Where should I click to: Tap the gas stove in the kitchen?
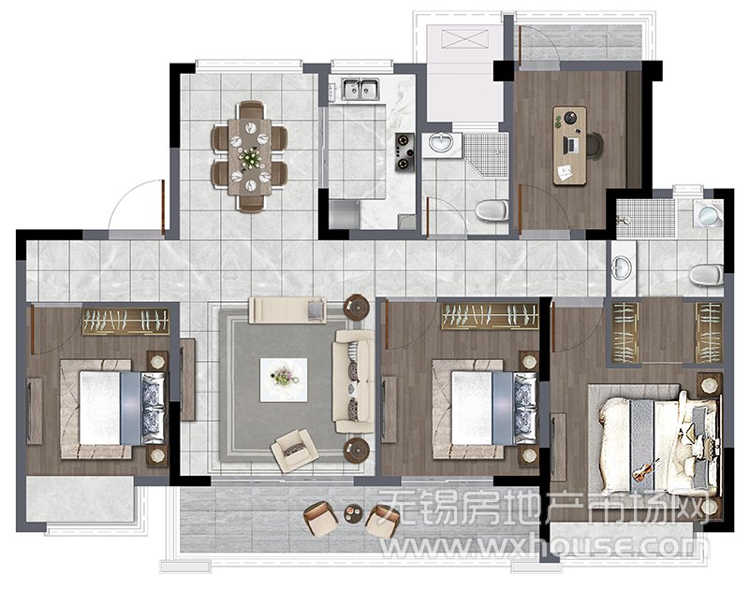[x=404, y=152]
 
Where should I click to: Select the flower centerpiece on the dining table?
[x=250, y=156]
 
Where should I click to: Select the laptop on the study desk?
[x=569, y=145]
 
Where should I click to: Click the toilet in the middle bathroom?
[x=492, y=210]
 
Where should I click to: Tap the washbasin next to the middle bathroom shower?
[x=442, y=144]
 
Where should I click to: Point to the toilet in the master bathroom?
[x=706, y=275]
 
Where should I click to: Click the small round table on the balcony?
[x=354, y=513]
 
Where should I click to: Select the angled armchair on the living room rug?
[x=294, y=450]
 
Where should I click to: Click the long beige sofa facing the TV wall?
[x=354, y=381]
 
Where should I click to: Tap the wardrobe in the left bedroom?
[x=126, y=321]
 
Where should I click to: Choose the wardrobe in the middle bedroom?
[x=490, y=316]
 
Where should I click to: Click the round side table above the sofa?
[x=357, y=307]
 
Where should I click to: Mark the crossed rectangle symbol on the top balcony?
[x=465, y=39]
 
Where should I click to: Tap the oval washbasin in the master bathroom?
[x=622, y=267]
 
